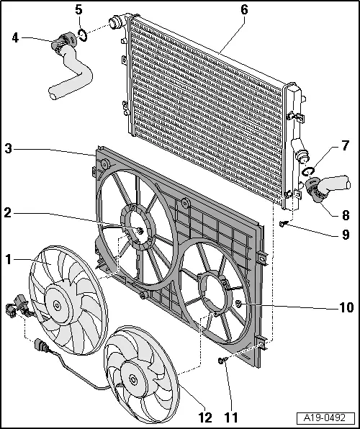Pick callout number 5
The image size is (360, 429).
pos(79,10)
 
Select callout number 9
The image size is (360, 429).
pos(346,234)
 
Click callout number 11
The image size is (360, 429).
pos(231,415)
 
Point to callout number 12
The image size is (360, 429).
pos(206,415)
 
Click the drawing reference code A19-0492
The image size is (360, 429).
pos(328,417)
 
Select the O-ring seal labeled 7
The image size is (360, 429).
pos(308,171)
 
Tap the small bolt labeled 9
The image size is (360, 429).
pos(284,224)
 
